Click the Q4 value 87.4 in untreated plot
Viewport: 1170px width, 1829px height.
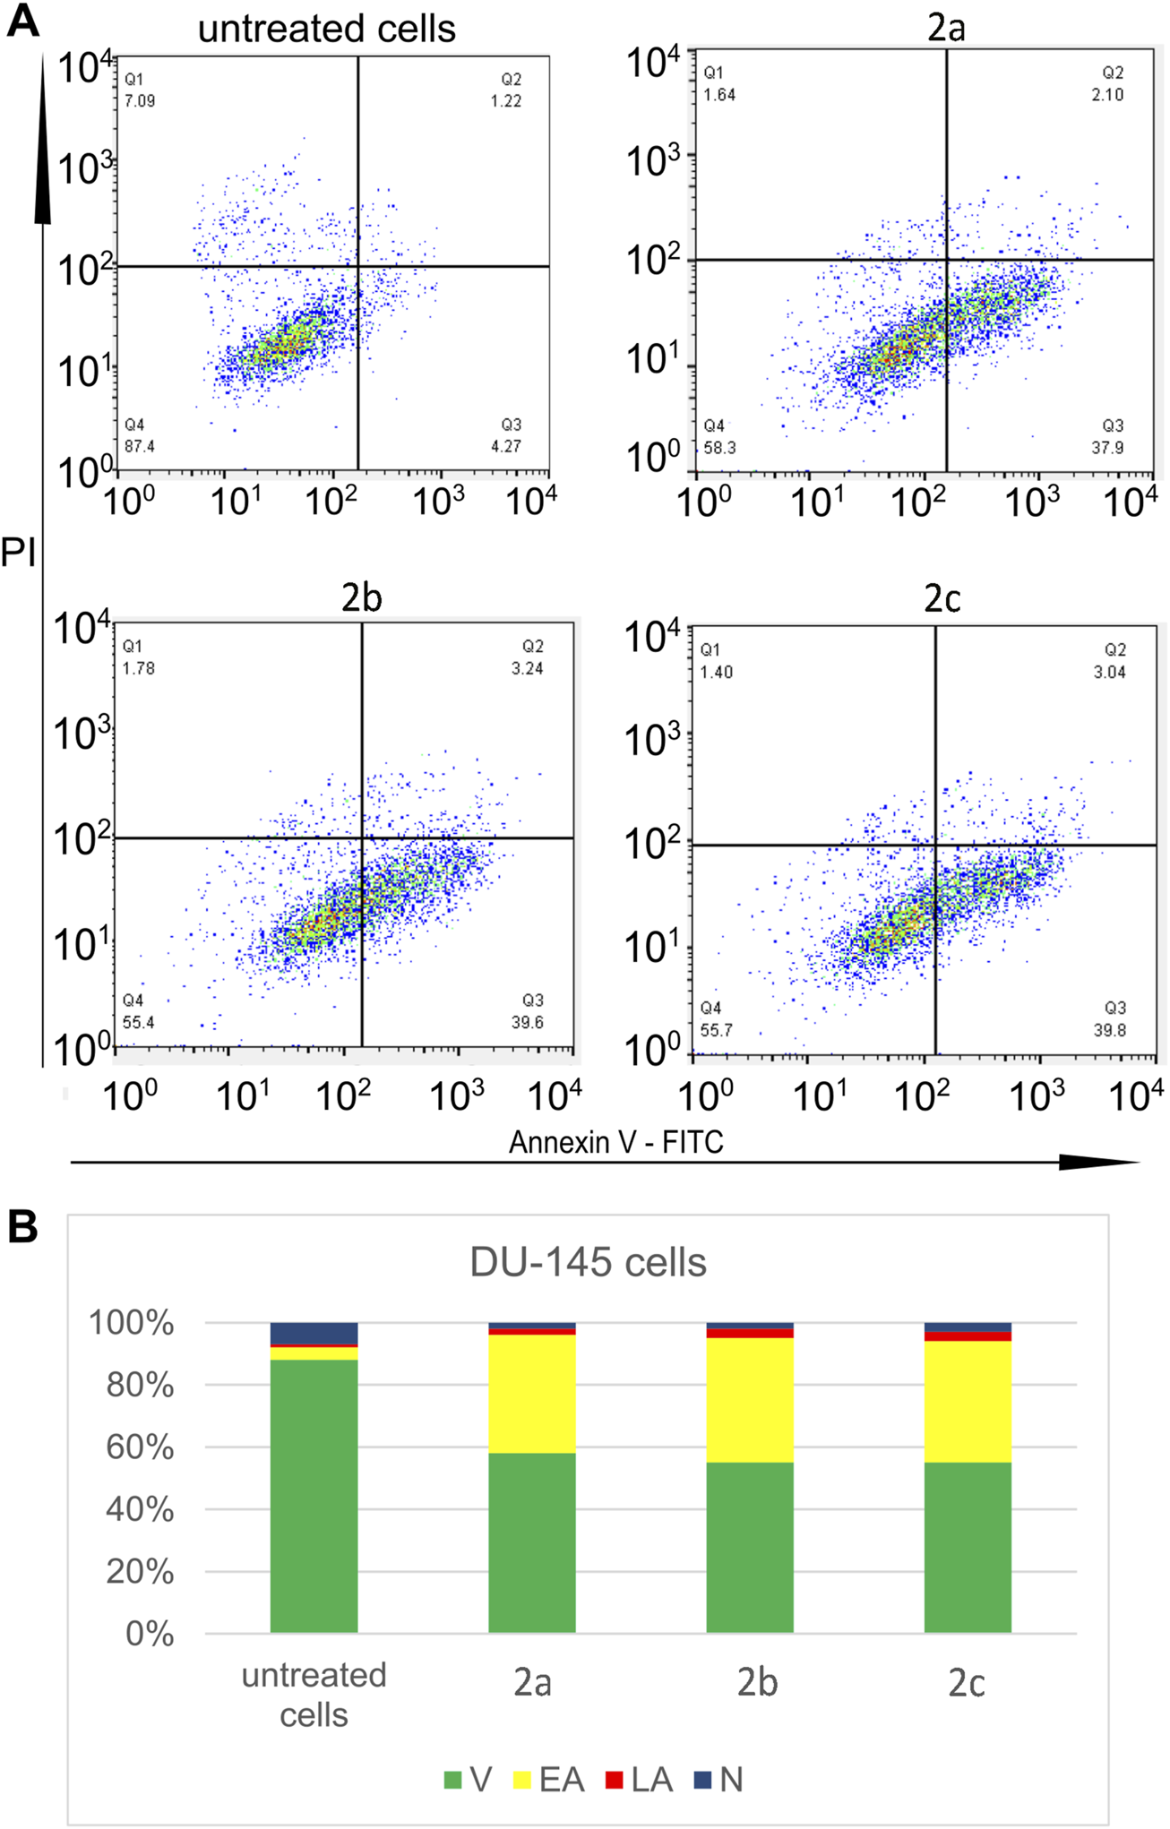pyautogui.click(x=140, y=446)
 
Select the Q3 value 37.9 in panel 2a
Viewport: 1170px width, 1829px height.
pyautogui.click(x=1107, y=447)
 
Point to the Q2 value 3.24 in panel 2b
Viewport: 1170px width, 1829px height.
pyautogui.click(x=527, y=668)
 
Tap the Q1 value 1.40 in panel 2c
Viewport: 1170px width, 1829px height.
pyautogui.click(x=716, y=672)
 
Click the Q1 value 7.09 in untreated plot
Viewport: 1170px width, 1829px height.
pyautogui.click(x=140, y=101)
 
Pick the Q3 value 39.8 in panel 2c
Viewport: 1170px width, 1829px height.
pyautogui.click(x=1109, y=1030)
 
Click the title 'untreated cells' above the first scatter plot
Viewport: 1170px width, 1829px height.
pyautogui.click(x=326, y=29)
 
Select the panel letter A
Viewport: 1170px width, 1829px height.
pyautogui.click(x=22, y=20)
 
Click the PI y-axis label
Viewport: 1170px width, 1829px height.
pyautogui.click(x=18, y=554)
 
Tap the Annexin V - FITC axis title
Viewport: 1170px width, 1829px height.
pyautogui.click(x=615, y=1142)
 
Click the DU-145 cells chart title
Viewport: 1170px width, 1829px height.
pyautogui.click(x=588, y=1263)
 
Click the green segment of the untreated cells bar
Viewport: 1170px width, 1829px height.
pyautogui.click(x=314, y=1496)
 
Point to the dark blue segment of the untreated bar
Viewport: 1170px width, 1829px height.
pyautogui.click(x=314, y=1333)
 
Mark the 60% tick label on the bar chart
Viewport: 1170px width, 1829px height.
pyautogui.click(x=140, y=1447)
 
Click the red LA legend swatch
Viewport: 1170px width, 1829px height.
pyautogui.click(x=614, y=1780)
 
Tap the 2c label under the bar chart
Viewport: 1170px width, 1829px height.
pyautogui.click(x=967, y=1684)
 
